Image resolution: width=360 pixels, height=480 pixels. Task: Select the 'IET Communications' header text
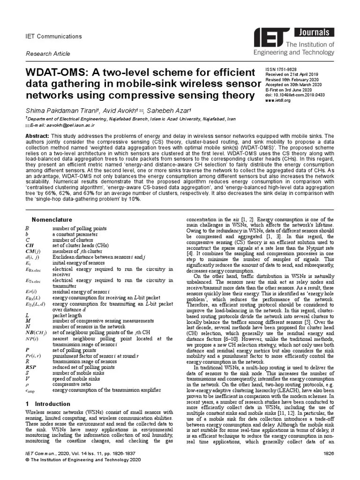click(53, 37)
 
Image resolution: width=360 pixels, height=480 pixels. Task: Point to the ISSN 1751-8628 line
click(281, 68)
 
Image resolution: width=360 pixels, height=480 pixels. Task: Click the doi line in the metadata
click(295, 95)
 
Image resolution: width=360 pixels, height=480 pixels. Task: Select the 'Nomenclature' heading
click(52, 219)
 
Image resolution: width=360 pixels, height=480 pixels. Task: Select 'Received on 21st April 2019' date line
click(292, 74)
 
